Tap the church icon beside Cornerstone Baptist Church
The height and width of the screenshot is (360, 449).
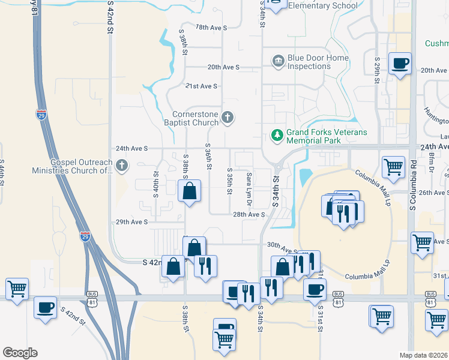[x=228, y=118]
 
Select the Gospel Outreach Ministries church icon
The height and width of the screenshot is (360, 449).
[x=122, y=165]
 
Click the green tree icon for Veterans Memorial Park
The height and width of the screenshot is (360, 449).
[x=277, y=136]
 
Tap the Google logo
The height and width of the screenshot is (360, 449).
[x=20, y=353]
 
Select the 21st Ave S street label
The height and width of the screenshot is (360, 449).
[x=201, y=86]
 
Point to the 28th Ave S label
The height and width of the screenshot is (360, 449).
[x=249, y=214]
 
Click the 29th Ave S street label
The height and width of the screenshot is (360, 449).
[x=131, y=222]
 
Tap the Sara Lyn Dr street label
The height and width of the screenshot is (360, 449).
[x=249, y=187]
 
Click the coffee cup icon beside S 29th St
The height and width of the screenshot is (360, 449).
[x=400, y=63]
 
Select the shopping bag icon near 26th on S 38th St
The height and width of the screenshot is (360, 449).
[x=189, y=191]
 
